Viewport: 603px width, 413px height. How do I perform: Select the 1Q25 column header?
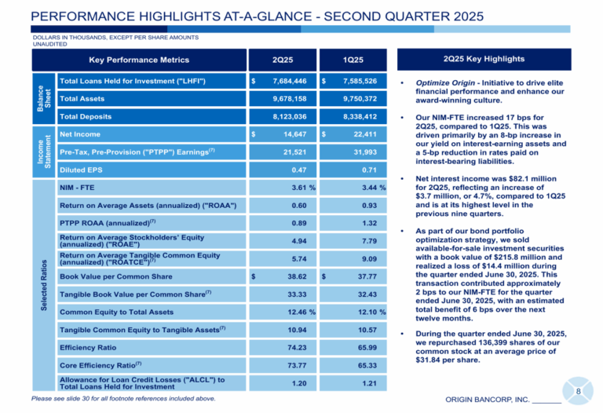coord(353,60)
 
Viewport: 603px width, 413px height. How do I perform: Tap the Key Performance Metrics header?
coord(139,60)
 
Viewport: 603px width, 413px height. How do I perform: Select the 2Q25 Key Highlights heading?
coord(484,59)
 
